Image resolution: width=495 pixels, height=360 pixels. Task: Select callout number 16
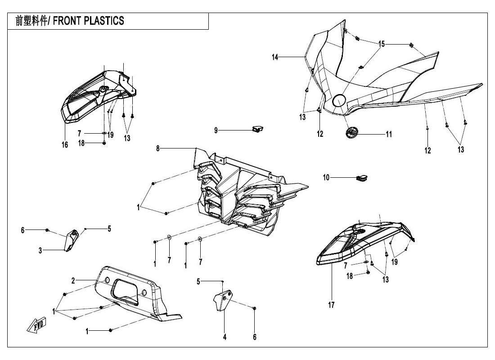tap(65, 144)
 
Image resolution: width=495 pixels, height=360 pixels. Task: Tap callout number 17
tap(332, 306)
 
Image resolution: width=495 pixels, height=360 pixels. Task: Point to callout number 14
tap(275, 57)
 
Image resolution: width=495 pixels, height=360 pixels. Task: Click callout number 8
tap(158, 148)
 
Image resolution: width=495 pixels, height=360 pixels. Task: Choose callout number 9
tap(216, 130)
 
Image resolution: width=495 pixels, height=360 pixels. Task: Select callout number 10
tap(326, 178)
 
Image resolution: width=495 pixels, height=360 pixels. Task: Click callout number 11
tap(388, 134)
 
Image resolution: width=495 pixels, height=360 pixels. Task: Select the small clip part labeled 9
tap(257, 130)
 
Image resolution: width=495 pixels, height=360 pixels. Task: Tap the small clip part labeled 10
tap(361, 178)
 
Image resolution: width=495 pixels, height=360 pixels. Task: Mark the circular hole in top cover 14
tap(338, 100)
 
